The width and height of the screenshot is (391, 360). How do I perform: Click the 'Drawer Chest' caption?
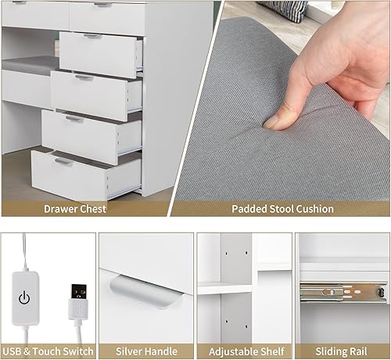(75, 209)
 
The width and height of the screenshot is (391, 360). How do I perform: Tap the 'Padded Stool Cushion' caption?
(282, 209)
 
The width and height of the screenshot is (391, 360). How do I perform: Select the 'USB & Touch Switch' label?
(48, 351)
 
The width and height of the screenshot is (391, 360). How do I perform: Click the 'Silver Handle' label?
(145, 351)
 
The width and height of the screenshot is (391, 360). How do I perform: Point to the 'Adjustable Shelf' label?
(243, 351)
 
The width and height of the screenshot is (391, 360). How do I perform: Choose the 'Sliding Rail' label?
(341, 351)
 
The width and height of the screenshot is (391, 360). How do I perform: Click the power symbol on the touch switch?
(25, 297)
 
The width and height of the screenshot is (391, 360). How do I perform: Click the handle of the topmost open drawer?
(93, 36)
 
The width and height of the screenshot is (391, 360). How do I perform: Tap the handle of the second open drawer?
(84, 77)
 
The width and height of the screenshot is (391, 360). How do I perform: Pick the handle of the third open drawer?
(74, 119)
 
